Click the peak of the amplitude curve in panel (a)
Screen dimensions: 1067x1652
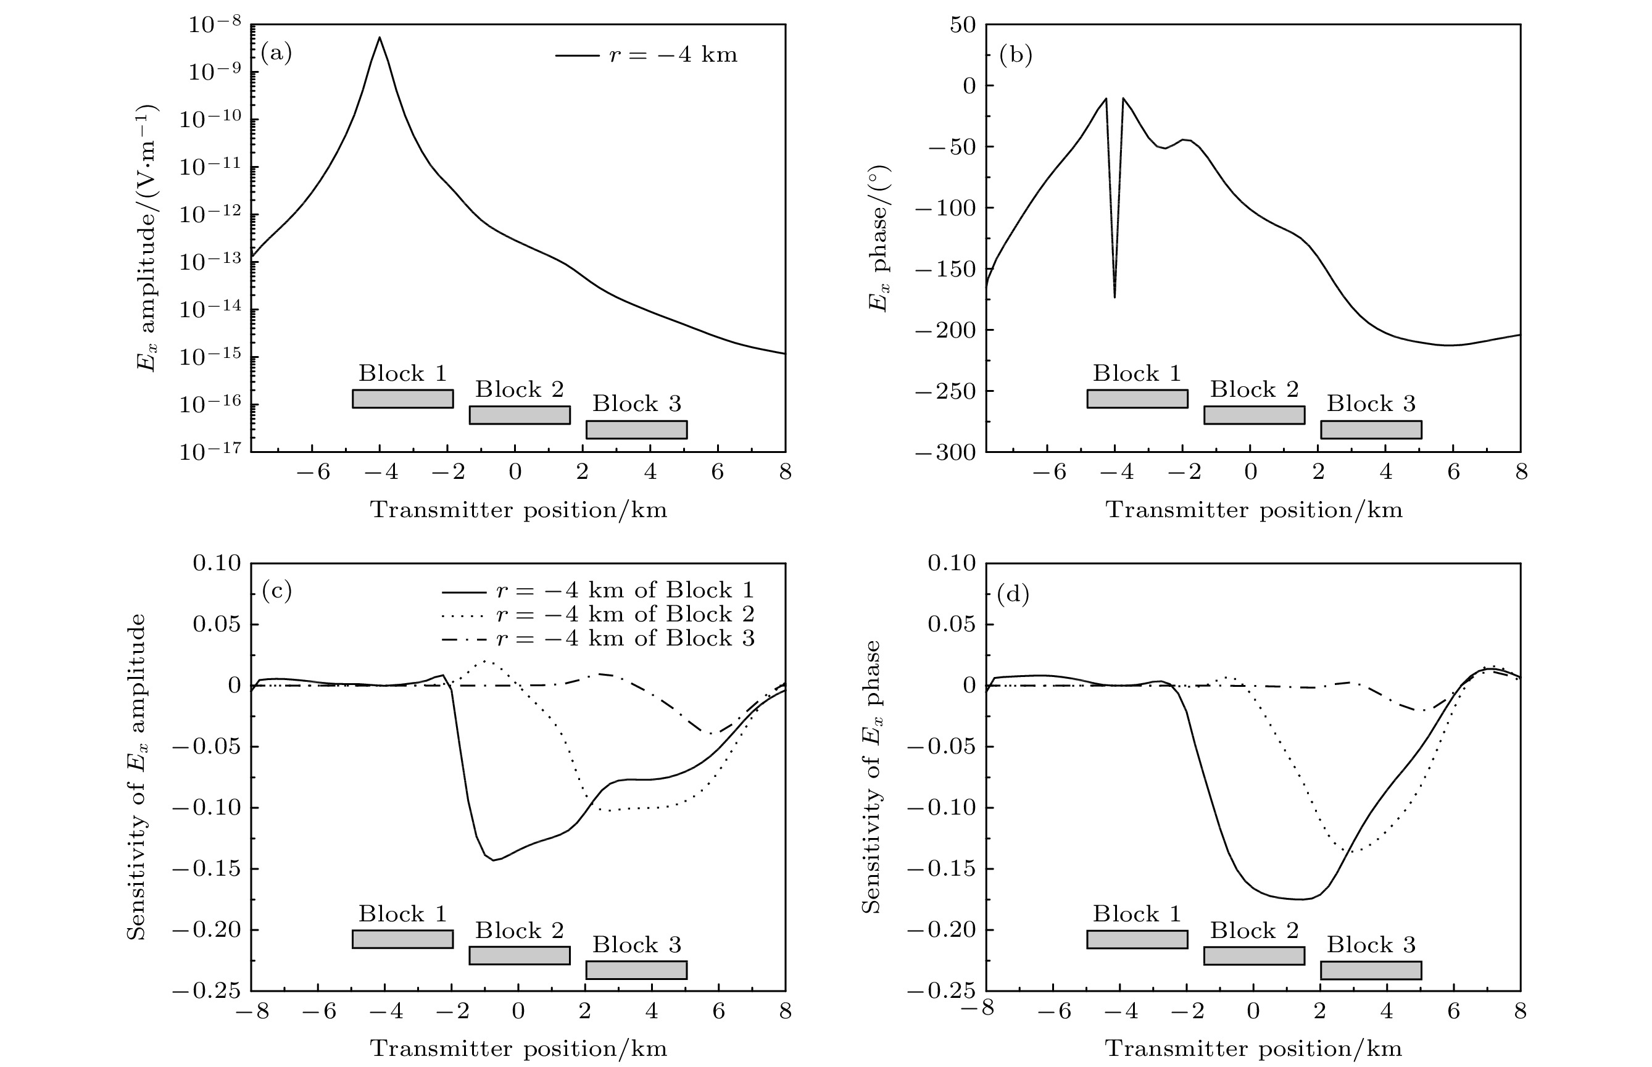(x=380, y=38)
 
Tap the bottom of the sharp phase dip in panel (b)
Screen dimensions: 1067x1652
(x=1114, y=297)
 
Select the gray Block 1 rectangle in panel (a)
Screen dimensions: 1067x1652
(x=402, y=399)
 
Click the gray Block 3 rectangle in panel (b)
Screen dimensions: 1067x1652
(x=1371, y=430)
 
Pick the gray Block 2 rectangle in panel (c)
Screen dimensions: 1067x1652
(x=520, y=955)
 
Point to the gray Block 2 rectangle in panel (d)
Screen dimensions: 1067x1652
(x=1254, y=955)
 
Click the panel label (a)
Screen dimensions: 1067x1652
(x=276, y=53)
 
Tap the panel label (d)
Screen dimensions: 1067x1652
(x=1013, y=594)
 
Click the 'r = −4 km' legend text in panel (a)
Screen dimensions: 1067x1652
(x=673, y=55)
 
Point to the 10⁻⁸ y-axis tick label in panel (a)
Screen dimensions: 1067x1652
(x=214, y=25)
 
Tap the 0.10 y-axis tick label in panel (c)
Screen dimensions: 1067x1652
(x=217, y=563)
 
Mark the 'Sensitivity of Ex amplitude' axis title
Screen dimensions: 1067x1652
(x=138, y=776)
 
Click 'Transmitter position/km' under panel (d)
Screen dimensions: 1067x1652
(x=1254, y=1048)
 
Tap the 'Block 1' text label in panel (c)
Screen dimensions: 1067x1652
(x=402, y=914)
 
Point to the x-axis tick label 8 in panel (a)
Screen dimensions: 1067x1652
(x=785, y=473)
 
